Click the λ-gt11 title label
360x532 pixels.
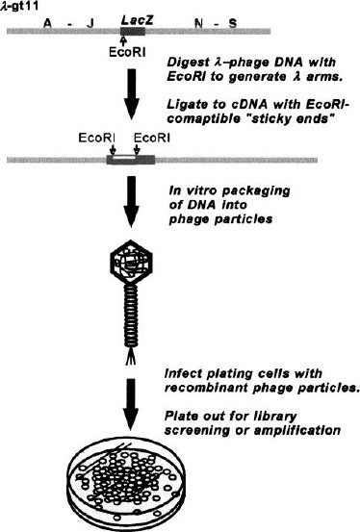(x=19, y=6)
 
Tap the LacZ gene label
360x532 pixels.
(x=138, y=20)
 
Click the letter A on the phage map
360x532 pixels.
(x=48, y=23)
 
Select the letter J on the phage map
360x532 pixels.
(x=90, y=23)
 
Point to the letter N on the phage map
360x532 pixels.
(x=199, y=23)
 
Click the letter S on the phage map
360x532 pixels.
(x=233, y=23)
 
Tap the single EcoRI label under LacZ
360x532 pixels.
(x=127, y=52)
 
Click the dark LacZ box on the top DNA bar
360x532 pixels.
(x=133, y=31)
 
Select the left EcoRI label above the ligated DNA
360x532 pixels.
(x=97, y=139)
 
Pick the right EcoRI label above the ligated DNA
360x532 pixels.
(x=152, y=139)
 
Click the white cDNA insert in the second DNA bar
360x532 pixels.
(x=125, y=158)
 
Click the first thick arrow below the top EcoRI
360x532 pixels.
(x=132, y=94)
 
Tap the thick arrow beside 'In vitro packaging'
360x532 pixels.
(x=131, y=201)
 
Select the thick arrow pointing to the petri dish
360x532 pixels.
(x=131, y=405)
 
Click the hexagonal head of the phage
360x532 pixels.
(x=132, y=262)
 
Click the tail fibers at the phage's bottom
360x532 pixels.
(x=131, y=357)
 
